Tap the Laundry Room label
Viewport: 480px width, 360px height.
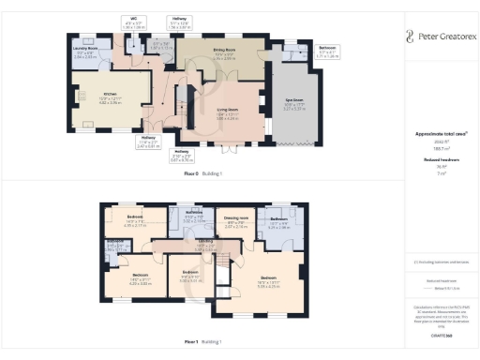click(85, 50)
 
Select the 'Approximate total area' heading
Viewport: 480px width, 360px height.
click(440, 134)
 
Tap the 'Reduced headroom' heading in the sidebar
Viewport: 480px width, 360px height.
click(440, 160)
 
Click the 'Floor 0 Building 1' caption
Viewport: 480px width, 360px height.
click(203, 172)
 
